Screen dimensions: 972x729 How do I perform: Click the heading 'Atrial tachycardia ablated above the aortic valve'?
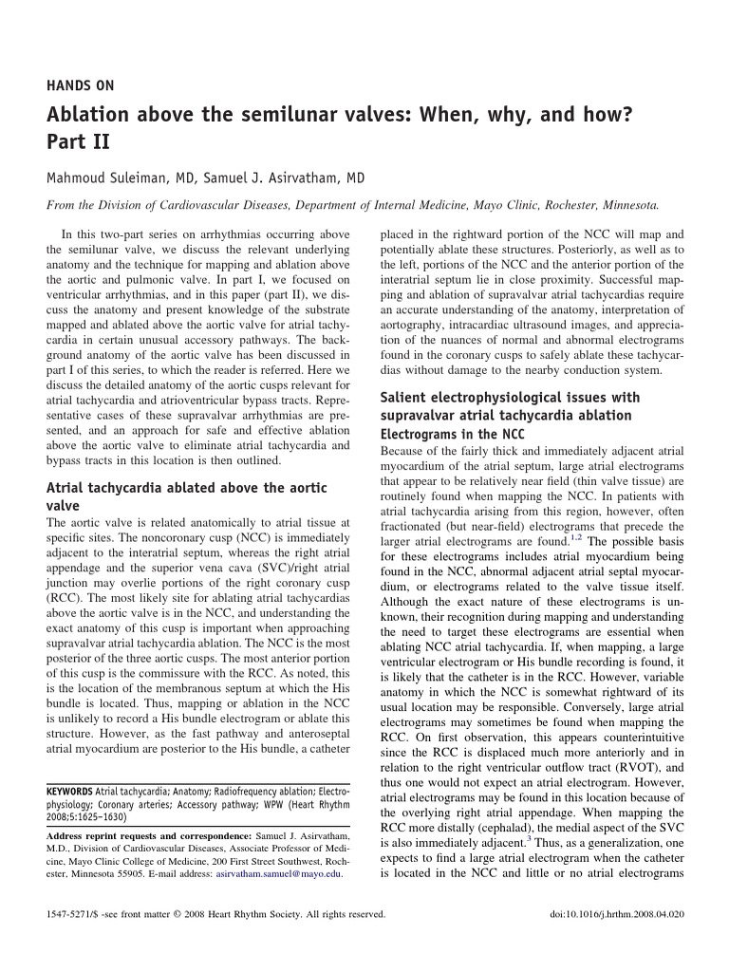tap(186, 496)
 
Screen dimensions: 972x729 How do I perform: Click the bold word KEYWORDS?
tap(69, 791)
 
